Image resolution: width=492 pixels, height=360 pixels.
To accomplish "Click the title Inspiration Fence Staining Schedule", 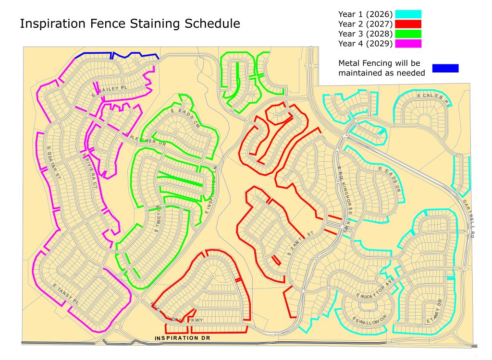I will point(130,24).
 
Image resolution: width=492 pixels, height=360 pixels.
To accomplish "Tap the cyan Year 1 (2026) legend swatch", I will point(408,14).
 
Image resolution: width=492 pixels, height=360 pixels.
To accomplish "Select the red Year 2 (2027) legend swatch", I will point(408,24).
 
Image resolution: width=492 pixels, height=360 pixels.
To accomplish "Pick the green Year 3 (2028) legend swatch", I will point(408,34).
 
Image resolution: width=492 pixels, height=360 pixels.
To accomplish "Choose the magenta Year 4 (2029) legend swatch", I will point(408,44).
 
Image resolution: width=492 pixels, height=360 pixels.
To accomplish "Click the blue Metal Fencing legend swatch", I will point(445,68).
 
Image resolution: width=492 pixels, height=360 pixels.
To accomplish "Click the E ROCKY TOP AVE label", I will point(375,294).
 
